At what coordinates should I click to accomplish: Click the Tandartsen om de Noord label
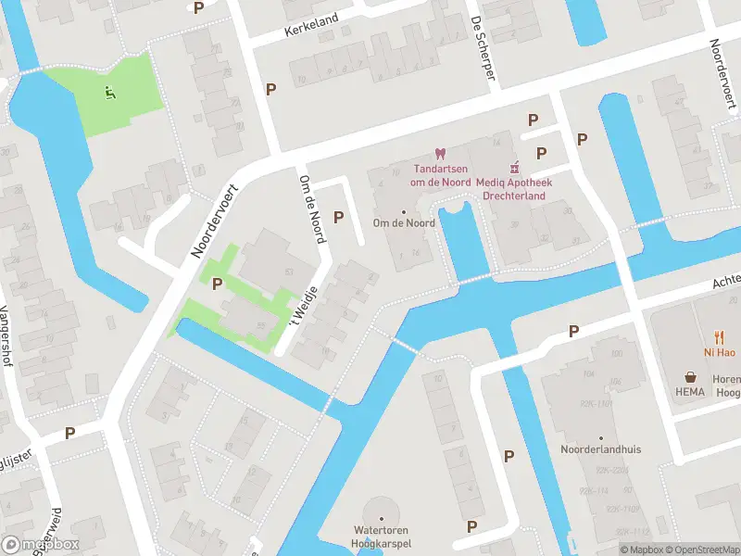tap(441, 175)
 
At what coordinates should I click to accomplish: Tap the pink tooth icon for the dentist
tap(441, 154)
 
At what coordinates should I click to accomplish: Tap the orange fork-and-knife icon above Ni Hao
tap(718, 338)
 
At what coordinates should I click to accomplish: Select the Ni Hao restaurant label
tap(718, 353)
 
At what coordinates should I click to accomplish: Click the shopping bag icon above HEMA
tap(691, 377)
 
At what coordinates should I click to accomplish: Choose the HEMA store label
tap(691, 392)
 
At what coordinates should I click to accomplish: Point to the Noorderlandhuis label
tap(600, 449)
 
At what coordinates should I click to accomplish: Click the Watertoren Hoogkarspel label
tap(381, 537)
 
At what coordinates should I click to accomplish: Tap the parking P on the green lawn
tap(218, 284)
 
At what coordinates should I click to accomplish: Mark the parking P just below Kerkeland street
tap(271, 89)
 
